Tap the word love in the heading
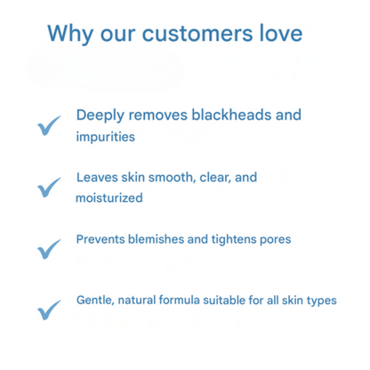[277, 35]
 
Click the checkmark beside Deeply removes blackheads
[50, 125]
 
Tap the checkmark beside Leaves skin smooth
[50, 187]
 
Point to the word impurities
[105, 138]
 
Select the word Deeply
[101, 116]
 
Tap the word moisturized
[109, 198]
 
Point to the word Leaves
[95, 178]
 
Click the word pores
[276, 239]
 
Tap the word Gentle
[95, 301]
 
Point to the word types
[321, 301]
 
